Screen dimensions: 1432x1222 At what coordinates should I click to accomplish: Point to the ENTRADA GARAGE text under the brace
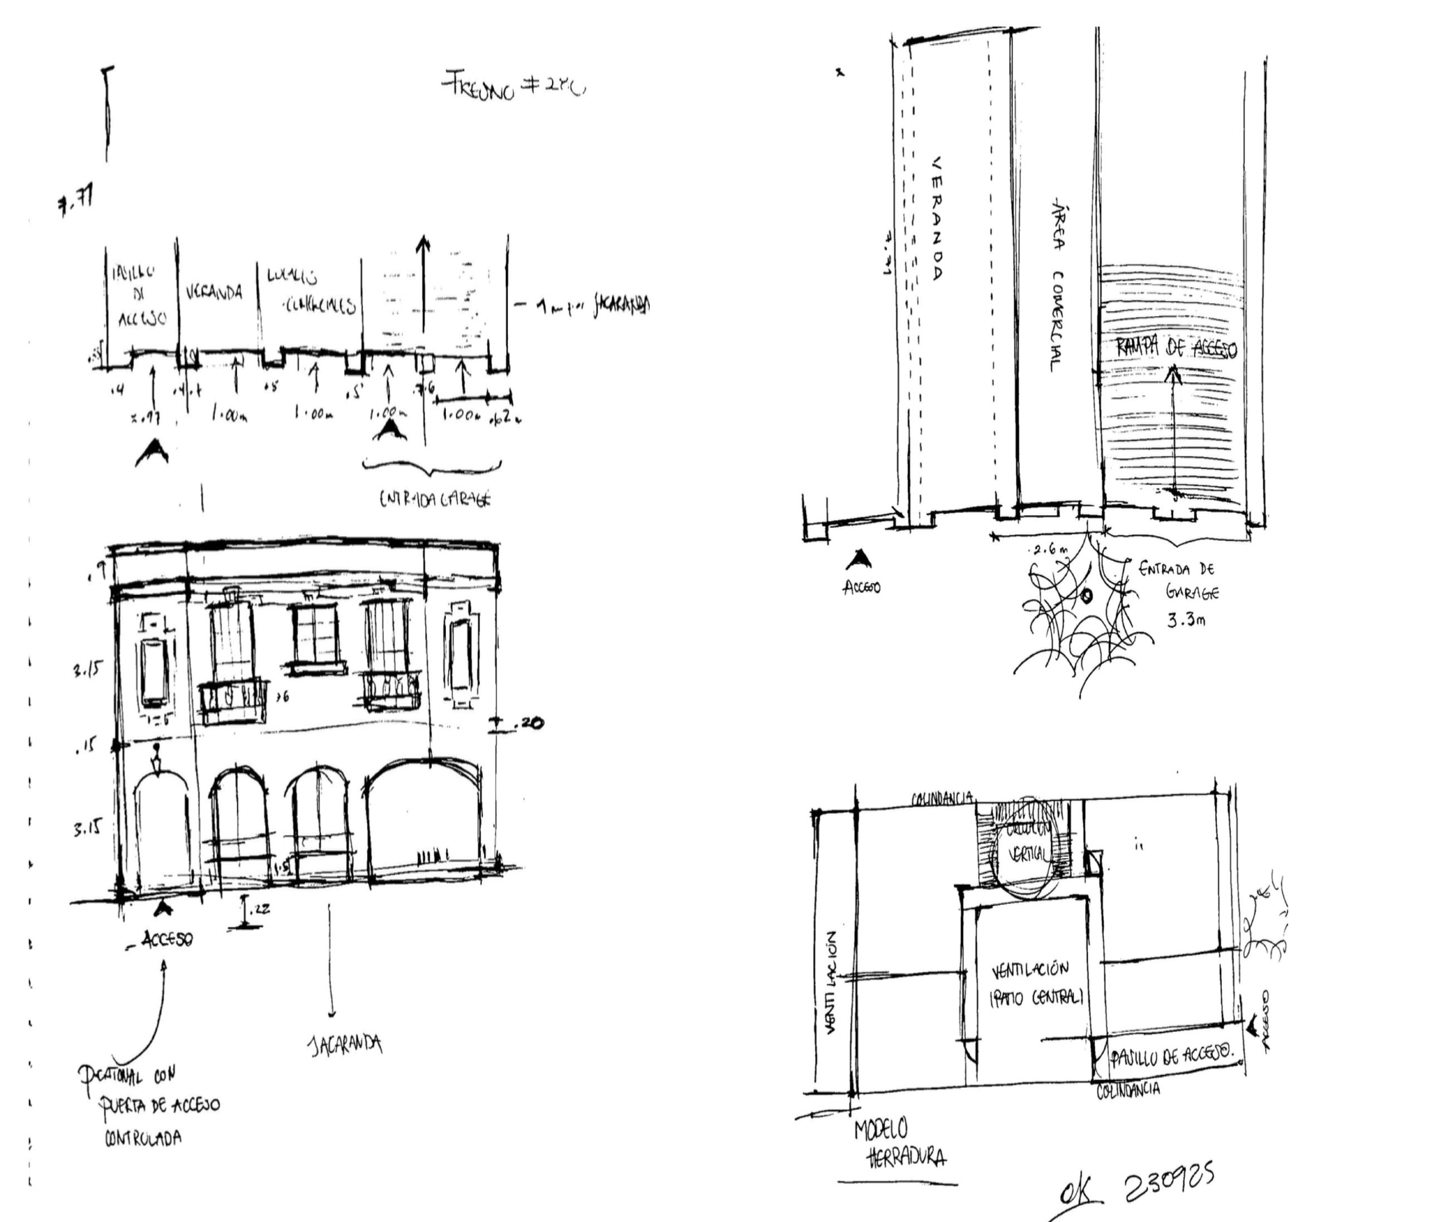click(x=435, y=500)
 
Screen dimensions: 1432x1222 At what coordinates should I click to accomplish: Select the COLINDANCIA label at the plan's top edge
click(x=943, y=798)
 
